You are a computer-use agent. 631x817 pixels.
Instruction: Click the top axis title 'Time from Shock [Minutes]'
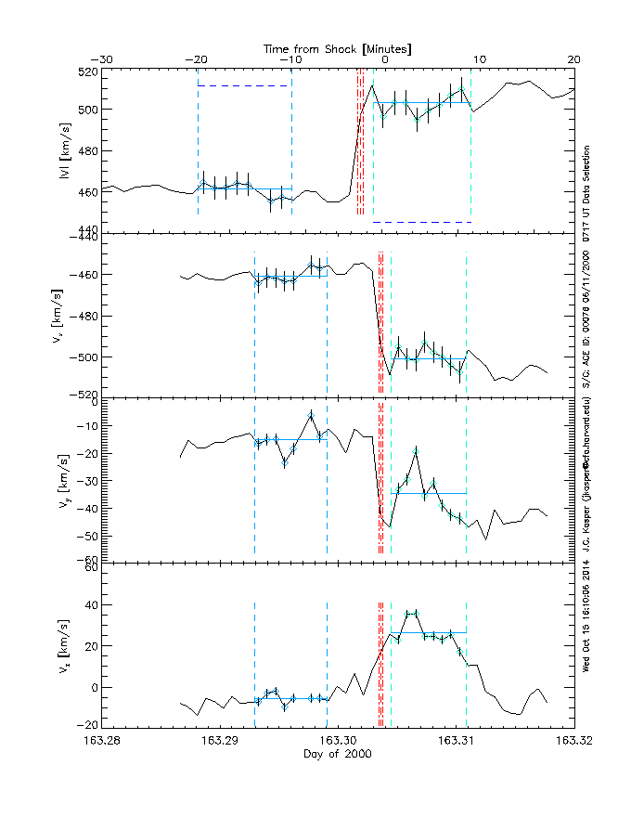pyautogui.click(x=338, y=47)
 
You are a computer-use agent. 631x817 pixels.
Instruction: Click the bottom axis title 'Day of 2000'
pyautogui.click(x=338, y=754)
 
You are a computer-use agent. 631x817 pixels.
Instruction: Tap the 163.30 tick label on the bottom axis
pyautogui.click(x=338, y=741)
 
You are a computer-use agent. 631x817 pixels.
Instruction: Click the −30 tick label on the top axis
pyautogui.click(x=102, y=58)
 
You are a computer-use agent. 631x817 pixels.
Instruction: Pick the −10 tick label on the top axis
pyautogui.click(x=290, y=58)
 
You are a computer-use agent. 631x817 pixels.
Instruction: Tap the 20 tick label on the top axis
pyautogui.click(x=574, y=58)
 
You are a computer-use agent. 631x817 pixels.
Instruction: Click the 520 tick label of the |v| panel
pyautogui.click(x=87, y=71)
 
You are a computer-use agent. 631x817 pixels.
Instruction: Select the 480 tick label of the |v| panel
pyautogui.click(x=87, y=151)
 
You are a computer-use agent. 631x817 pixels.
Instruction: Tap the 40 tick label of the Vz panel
pyautogui.click(x=89, y=604)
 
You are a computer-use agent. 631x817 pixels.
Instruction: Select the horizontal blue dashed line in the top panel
pyautogui.click(x=244, y=85)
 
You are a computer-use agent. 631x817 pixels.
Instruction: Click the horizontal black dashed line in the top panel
pyautogui.click(x=422, y=222)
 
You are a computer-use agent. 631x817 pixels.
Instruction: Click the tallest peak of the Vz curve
pyautogui.click(x=412, y=612)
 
